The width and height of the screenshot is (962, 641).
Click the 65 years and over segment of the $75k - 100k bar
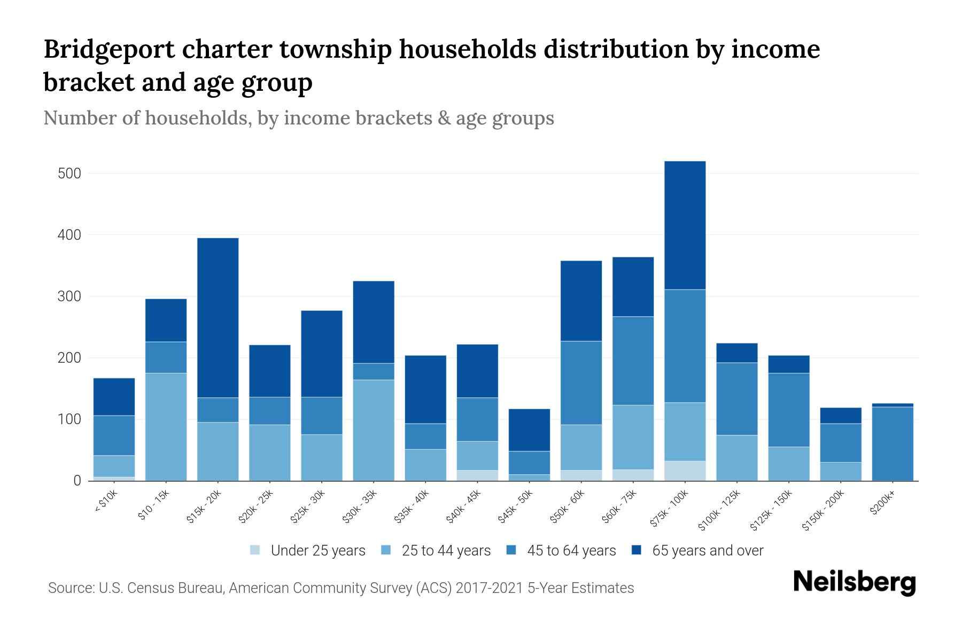point(685,225)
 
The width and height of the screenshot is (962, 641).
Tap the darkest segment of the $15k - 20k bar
point(218,317)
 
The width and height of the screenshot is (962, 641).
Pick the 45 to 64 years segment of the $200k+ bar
point(892,443)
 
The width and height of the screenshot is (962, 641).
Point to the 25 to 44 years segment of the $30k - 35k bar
point(373,430)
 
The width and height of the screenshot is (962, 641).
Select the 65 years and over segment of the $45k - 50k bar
point(529,429)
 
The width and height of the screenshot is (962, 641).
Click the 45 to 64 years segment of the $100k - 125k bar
point(736,398)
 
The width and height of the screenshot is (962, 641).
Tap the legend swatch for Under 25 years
point(255,550)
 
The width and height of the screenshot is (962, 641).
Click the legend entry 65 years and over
point(707,551)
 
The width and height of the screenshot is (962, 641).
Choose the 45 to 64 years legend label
point(571,551)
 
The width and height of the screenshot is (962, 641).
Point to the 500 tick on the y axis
point(69,174)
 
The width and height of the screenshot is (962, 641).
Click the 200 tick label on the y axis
point(69,358)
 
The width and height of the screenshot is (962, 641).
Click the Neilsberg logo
point(854,582)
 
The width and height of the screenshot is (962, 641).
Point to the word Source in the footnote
point(70,588)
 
